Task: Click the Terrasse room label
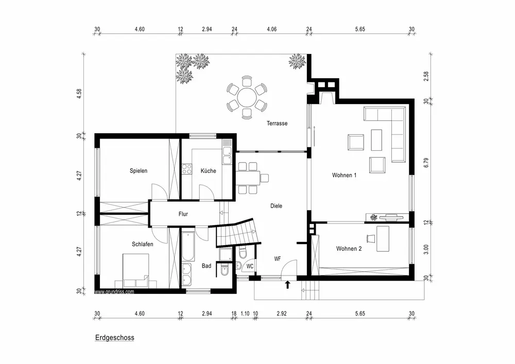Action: click(277, 124)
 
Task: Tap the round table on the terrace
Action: click(247, 97)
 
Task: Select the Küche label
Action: click(208, 171)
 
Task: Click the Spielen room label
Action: click(138, 171)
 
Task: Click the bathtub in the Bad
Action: click(188, 247)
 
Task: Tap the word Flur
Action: click(183, 214)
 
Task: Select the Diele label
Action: click(276, 206)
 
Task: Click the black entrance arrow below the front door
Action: click(288, 285)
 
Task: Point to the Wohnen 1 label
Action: click(344, 175)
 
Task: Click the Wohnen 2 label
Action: click(349, 249)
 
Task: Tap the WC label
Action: click(250, 267)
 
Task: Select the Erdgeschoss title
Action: click(115, 338)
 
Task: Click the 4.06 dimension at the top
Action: click(271, 29)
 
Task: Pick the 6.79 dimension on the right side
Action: click(426, 163)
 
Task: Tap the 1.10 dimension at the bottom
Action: click(245, 314)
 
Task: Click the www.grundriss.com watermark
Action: click(114, 291)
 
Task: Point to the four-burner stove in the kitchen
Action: click(186, 169)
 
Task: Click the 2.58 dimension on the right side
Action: click(426, 76)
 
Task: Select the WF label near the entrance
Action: click(278, 259)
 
